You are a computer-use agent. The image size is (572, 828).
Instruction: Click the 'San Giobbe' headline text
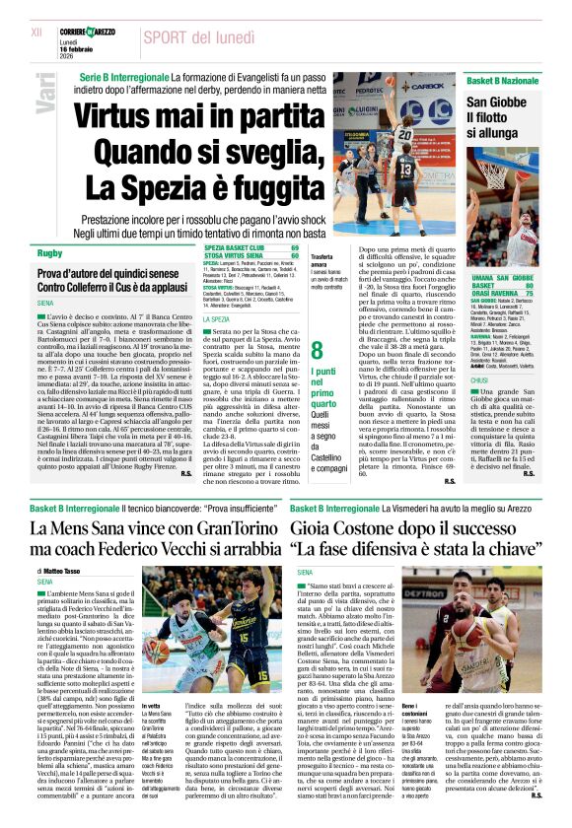click(497, 103)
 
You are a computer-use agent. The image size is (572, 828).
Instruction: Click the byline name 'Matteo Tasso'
click(65, 571)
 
